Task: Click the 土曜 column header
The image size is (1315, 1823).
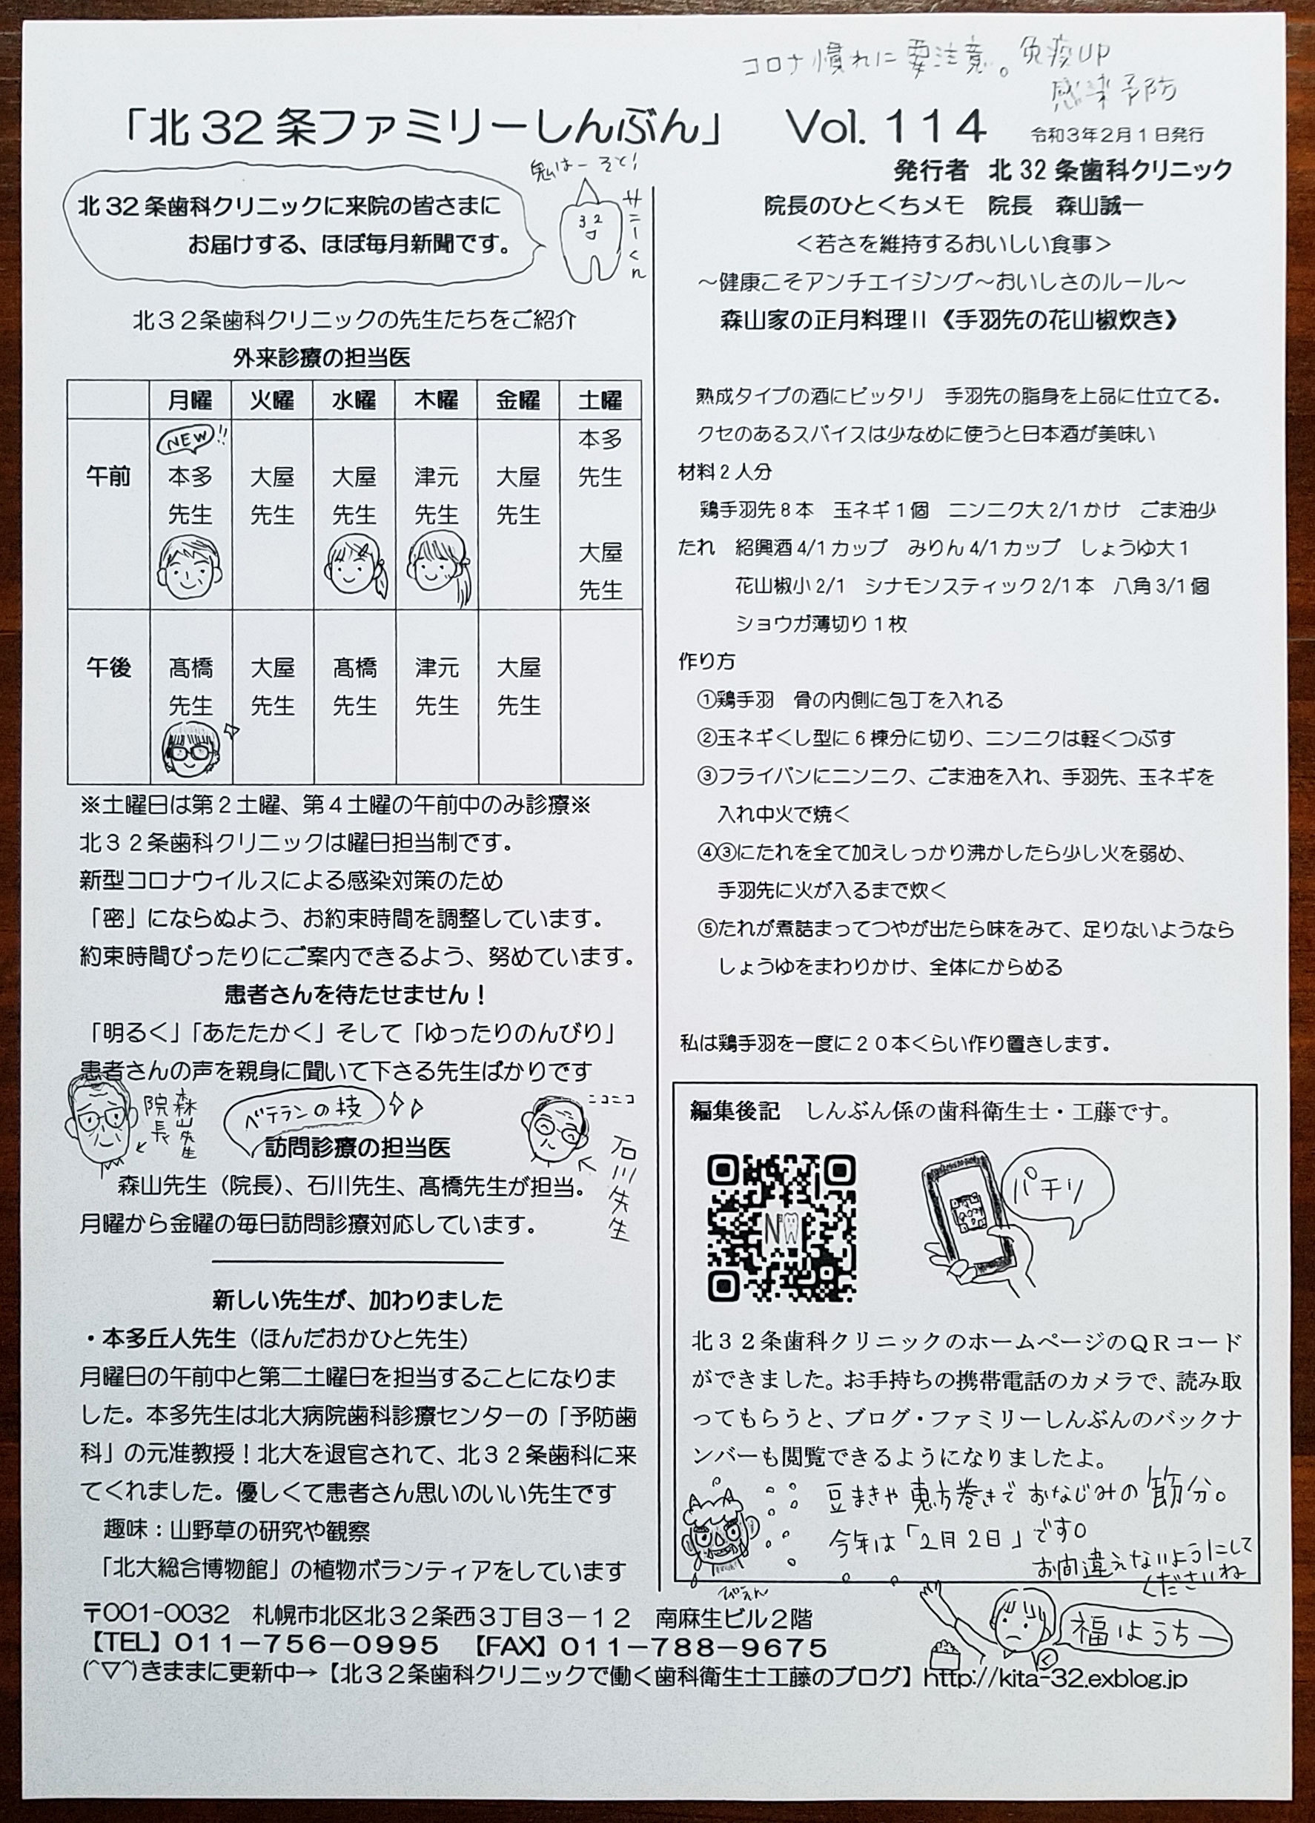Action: pos(600,400)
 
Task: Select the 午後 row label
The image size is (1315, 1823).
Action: pos(108,667)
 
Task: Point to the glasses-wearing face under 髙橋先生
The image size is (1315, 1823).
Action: pos(191,749)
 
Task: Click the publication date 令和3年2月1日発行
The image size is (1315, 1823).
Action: pos(1117,134)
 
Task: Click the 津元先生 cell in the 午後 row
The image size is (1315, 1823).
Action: pos(437,686)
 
